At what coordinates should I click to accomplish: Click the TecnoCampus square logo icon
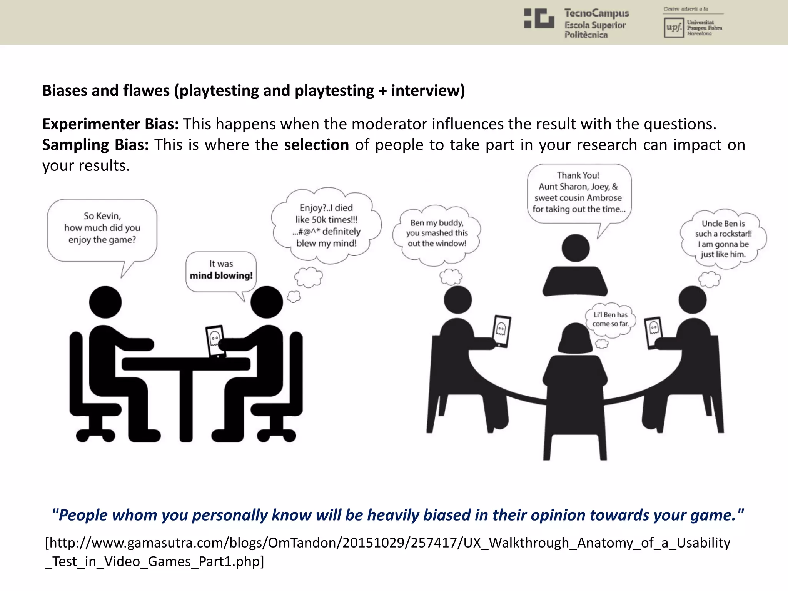click(539, 18)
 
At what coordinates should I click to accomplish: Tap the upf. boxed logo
click(673, 28)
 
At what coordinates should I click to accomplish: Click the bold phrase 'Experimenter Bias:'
click(110, 124)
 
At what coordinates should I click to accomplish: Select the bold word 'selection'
click(316, 145)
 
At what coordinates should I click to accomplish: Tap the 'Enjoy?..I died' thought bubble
click(326, 225)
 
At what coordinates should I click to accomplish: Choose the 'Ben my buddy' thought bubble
click(437, 233)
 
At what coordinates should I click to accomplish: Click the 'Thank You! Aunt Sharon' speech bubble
click(579, 192)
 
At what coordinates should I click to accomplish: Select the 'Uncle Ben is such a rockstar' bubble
click(723, 239)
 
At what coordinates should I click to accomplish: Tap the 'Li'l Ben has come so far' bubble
click(610, 319)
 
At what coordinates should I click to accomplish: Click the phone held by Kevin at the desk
click(215, 341)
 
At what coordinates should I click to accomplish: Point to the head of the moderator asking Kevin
click(105, 302)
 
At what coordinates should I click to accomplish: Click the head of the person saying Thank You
click(576, 248)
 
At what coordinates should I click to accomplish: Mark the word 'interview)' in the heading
click(428, 91)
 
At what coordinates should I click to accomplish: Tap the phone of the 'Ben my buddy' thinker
click(501, 331)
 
